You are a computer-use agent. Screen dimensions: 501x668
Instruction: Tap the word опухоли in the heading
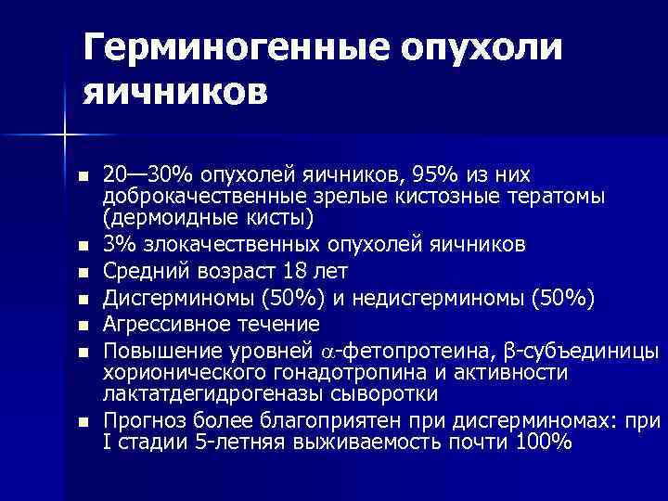coord(469,47)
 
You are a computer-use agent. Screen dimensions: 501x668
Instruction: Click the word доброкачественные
coord(196,197)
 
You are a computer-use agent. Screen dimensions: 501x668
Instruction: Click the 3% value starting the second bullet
coord(116,244)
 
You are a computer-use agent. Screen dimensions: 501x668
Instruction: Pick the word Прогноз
coord(140,420)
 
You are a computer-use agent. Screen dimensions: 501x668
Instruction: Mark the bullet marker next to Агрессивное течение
coord(83,326)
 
